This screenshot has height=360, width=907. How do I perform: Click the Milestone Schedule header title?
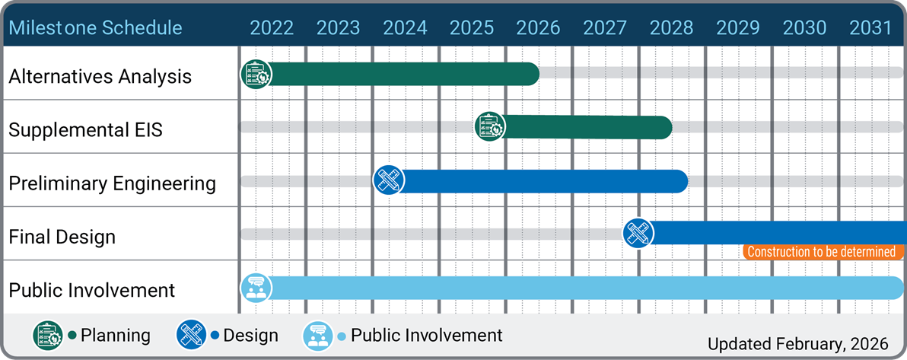tap(95, 28)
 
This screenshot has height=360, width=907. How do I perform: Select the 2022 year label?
tap(272, 28)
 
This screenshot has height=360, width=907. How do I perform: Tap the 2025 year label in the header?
tap(472, 28)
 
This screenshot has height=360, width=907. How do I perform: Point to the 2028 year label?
tap(671, 28)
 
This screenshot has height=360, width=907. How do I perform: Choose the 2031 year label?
tap(870, 28)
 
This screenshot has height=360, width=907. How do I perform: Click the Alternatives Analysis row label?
tap(100, 76)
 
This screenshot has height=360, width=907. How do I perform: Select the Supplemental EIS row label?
tap(85, 129)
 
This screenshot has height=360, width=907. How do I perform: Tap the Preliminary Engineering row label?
tap(112, 183)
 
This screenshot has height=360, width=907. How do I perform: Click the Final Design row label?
tap(62, 237)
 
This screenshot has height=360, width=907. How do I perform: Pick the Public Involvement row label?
tap(91, 290)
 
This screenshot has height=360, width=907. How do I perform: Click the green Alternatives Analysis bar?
tap(403, 74)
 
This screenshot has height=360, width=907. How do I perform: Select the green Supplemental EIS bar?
tap(586, 127)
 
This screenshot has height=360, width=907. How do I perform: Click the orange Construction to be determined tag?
tap(822, 252)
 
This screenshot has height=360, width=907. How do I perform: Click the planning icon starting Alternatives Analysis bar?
tap(256, 75)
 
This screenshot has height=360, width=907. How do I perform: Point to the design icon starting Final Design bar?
tap(638, 233)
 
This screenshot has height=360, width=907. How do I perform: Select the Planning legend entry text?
tap(115, 335)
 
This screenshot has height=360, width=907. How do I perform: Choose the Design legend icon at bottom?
tap(192, 336)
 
